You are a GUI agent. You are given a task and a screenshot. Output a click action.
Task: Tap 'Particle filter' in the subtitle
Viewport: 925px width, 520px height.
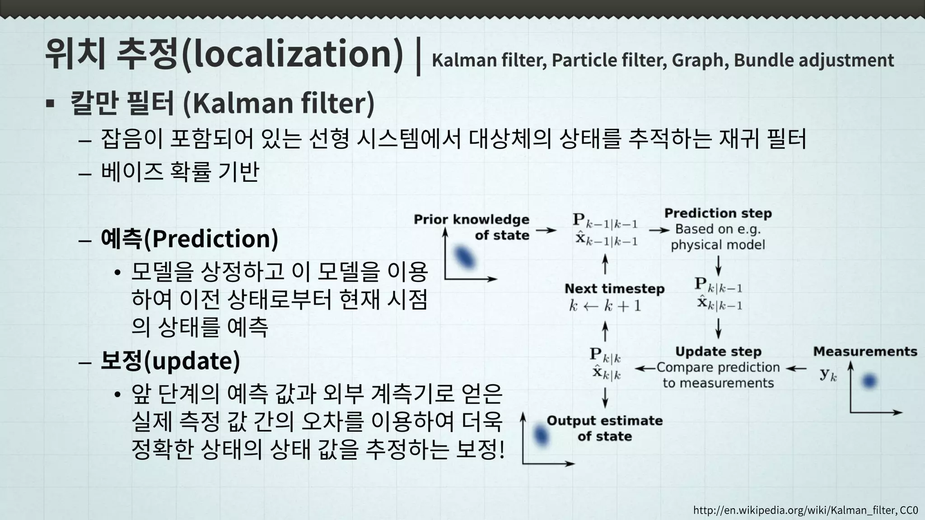pyautogui.click(x=608, y=60)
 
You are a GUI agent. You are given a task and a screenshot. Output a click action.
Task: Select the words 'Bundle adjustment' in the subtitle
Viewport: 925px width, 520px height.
pyautogui.click(x=813, y=60)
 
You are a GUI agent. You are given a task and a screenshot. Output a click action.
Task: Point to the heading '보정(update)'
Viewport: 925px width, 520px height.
pyautogui.click(x=170, y=361)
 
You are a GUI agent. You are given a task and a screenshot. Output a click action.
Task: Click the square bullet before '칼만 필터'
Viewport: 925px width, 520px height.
pyautogui.click(x=50, y=104)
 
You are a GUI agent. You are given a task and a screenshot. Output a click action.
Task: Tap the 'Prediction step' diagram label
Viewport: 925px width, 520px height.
pyautogui.click(x=718, y=213)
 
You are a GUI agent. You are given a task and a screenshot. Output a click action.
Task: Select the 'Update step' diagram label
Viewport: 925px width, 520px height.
pyautogui.click(x=718, y=351)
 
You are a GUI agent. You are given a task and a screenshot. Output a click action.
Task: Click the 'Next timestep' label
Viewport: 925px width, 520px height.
pyautogui.click(x=614, y=288)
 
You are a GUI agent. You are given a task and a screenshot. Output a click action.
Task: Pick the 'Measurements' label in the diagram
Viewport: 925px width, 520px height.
pyautogui.click(x=865, y=351)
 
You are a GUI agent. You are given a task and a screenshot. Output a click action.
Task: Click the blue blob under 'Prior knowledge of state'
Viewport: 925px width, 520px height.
pyautogui.click(x=465, y=257)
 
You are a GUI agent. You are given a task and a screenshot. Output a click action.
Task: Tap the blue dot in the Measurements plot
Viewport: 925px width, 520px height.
pyautogui.click(x=869, y=381)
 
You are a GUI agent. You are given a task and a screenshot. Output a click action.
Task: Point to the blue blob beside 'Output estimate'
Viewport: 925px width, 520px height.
pyautogui.click(x=541, y=435)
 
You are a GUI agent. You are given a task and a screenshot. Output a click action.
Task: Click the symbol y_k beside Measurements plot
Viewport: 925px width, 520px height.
pyautogui.click(x=828, y=374)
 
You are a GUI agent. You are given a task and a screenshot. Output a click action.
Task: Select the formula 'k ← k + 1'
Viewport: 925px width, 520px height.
pyautogui.click(x=605, y=306)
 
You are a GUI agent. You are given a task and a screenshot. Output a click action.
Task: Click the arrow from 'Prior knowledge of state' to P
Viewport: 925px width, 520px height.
pyautogui.click(x=546, y=230)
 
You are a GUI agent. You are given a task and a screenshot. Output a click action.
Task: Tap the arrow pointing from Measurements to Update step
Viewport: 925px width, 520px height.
pyautogui.click(x=796, y=368)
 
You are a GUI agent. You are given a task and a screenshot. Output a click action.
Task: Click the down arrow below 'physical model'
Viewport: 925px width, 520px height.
pyautogui.click(x=718, y=265)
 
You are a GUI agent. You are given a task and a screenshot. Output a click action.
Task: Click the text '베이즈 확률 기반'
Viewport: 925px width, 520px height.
pyautogui.click(x=180, y=172)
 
